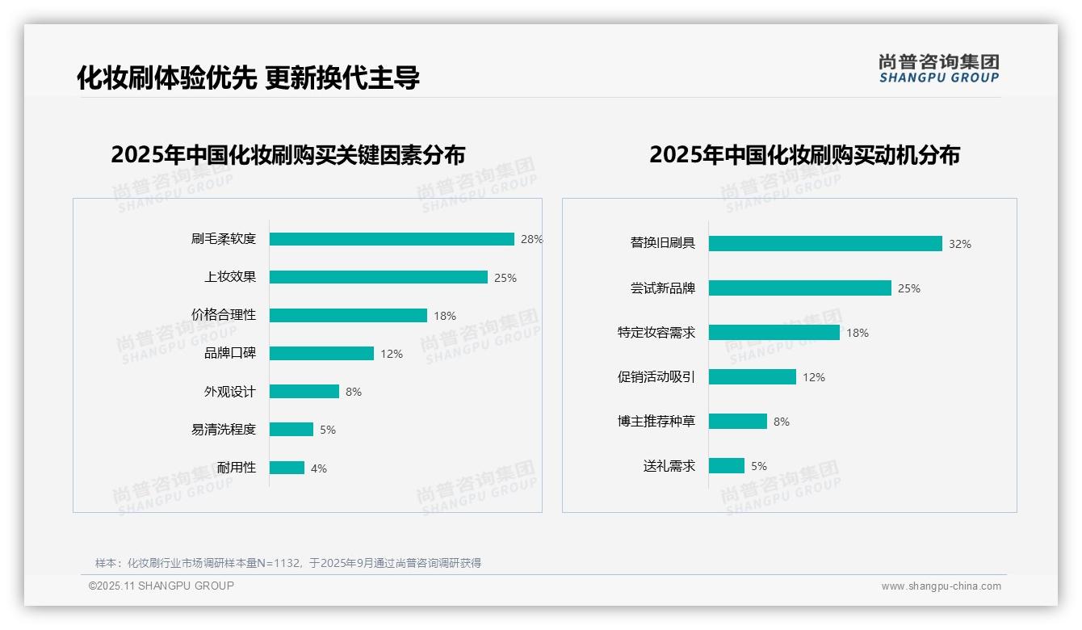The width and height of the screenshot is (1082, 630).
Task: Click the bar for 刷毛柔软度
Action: click(x=392, y=239)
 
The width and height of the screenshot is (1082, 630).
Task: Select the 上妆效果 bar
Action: click(x=378, y=277)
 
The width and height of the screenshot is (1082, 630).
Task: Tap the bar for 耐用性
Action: click(x=287, y=468)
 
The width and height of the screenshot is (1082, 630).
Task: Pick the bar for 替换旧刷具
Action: click(x=825, y=243)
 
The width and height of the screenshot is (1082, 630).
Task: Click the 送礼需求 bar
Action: click(x=727, y=466)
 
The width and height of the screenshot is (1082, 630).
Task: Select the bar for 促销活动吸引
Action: click(x=753, y=377)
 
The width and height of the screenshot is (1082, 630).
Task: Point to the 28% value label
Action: click(x=531, y=239)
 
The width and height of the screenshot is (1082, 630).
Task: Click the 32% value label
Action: click(x=960, y=244)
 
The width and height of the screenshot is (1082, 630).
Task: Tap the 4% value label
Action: click(x=319, y=468)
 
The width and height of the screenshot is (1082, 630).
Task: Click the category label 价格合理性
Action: click(x=224, y=315)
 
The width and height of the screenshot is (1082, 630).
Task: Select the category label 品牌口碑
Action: click(x=230, y=353)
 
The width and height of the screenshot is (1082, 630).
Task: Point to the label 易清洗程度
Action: click(x=224, y=430)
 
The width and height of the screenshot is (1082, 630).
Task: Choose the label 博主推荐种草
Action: click(x=656, y=422)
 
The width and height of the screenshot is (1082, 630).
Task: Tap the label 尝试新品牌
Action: click(x=663, y=288)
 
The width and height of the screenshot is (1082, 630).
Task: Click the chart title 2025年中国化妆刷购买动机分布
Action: click(x=804, y=155)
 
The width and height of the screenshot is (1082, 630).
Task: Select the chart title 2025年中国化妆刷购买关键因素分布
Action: click(x=288, y=155)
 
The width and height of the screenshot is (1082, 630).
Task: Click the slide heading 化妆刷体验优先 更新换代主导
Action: click(x=248, y=78)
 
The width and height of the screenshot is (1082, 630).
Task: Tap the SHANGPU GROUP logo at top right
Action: click(x=939, y=69)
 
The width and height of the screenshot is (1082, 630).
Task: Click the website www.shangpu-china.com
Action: click(x=941, y=586)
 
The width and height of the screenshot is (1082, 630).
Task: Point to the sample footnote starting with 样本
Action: click(x=288, y=563)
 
